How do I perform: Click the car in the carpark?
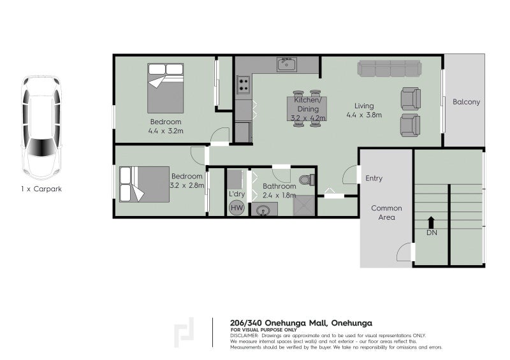41,127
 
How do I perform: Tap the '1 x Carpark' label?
41,189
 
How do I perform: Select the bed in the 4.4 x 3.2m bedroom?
166,87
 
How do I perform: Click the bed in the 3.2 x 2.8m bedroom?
145,184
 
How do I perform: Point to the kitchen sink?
287,64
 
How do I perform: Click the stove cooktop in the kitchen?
243,83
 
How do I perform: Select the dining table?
307,108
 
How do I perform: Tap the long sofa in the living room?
389,68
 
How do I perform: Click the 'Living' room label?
365,106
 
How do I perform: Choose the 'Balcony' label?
466,102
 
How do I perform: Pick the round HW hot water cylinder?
237,207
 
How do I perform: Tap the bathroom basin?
262,209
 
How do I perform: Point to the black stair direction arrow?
432,222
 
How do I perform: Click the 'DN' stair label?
432,233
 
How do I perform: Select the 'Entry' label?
374,178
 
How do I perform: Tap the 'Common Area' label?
386,213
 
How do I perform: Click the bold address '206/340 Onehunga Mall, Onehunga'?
300,323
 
